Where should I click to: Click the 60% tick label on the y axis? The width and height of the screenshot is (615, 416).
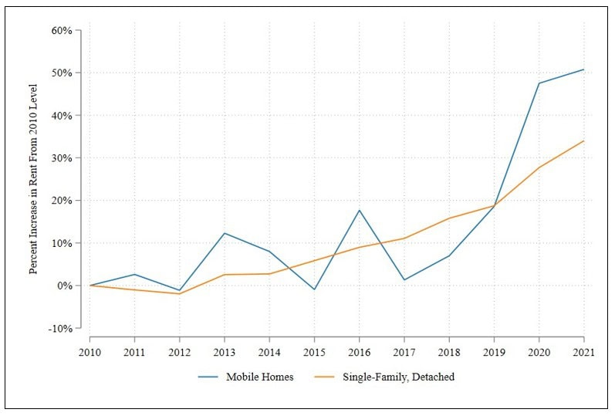pyautogui.click(x=62, y=31)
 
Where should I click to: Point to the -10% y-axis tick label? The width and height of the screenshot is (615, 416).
pyautogui.click(x=61, y=328)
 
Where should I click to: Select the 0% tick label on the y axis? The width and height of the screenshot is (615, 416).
pyautogui.click(x=65, y=286)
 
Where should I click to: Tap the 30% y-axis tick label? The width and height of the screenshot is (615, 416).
pyautogui.click(x=62, y=158)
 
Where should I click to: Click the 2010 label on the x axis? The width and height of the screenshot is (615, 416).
pyautogui.click(x=90, y=350)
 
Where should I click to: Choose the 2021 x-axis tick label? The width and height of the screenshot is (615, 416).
pyautogui.click(x=583, y=350)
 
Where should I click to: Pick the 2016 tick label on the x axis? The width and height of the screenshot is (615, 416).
pyautogui.click(x=359, y=350)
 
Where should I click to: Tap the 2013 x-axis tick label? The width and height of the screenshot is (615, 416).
pyautogui.click(x=225, y=350)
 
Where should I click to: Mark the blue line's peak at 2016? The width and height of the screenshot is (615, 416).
pyautogui.click(x=359, y=210)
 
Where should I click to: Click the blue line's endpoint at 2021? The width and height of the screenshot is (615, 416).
pyautogui.click(x=583, y=69)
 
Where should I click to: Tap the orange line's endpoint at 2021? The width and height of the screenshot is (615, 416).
pyautogui.click(x=583, y=141)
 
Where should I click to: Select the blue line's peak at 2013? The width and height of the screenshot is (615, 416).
pyautogui.click(x=225, y=233)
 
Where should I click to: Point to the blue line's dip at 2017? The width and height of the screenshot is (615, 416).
pyautogui.click(x=404, y=279)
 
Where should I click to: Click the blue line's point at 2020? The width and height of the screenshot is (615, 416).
pyautogui.click(x=539, y=83)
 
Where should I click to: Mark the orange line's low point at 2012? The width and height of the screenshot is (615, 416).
pyautogui.click(x=180, y=293)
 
